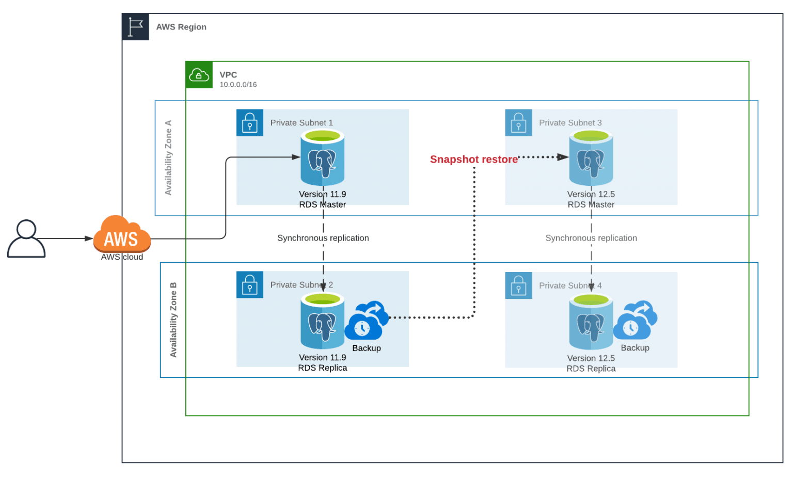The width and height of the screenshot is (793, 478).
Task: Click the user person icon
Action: pos(26,238)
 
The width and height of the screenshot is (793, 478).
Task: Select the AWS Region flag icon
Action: pos(136,27)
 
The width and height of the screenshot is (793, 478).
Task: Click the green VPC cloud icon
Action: pos(199,75)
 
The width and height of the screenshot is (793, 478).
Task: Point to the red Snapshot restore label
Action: pos(473,160)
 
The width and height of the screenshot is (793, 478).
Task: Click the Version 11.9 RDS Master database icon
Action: pos(323,157)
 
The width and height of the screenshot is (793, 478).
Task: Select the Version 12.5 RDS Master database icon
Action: pos(591,157)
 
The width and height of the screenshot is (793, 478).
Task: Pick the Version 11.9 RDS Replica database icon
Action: pos(323,321)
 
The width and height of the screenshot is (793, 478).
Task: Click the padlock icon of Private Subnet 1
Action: pos(250,123)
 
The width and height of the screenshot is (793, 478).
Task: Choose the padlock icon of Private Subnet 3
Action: pos(518,123)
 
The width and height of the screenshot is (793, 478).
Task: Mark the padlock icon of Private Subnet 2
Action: pos(250,285)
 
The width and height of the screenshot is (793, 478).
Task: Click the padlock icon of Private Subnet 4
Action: pos(518,285)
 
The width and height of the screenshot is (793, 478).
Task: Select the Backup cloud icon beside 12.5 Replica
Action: pos(635,321)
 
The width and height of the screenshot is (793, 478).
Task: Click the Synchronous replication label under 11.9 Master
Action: pos(323,238)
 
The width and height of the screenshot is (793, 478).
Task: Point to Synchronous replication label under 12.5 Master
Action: pos(591,238)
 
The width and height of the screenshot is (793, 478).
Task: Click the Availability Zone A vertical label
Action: pos(168,158)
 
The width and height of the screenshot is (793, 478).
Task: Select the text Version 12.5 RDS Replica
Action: pos(591,363)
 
